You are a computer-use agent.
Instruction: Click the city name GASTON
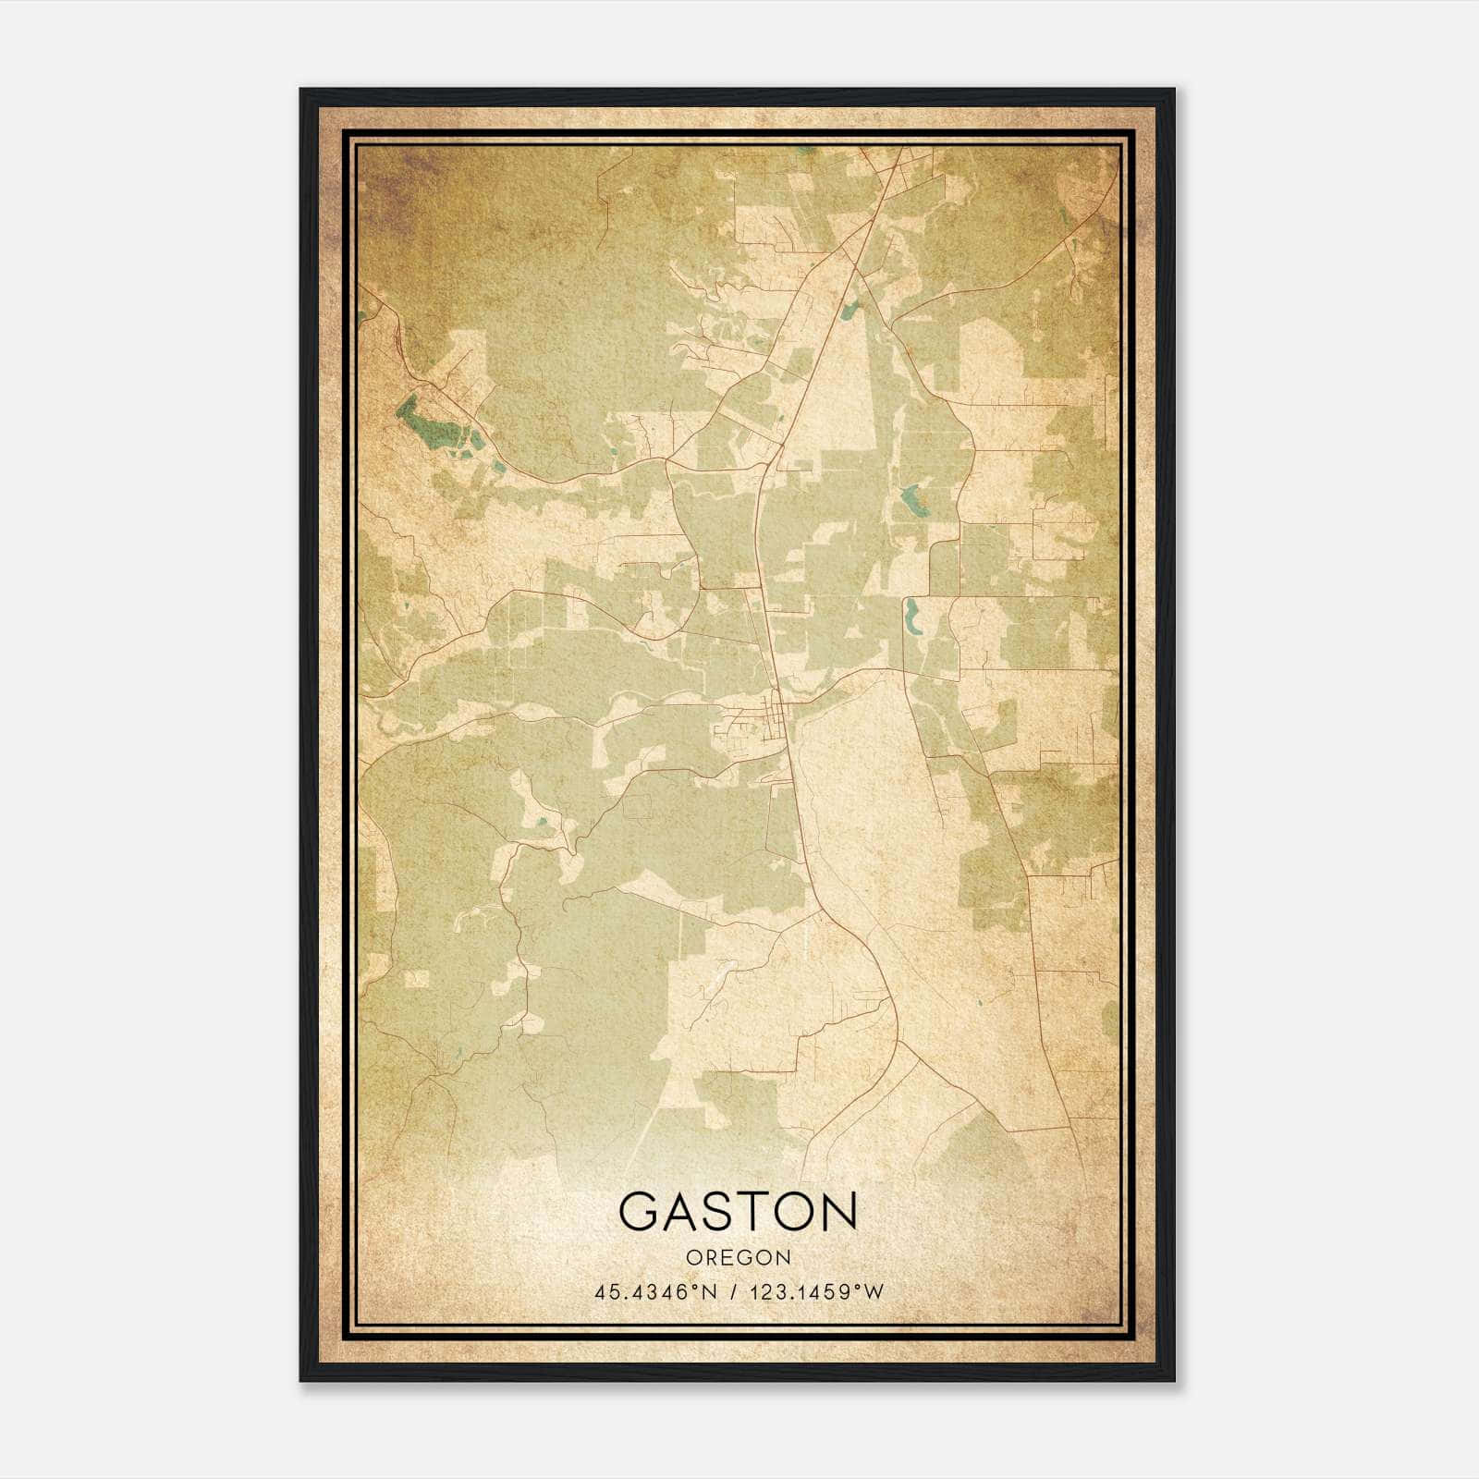738,1211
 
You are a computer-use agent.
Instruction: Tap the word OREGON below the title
738,1257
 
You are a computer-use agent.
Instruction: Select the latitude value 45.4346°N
656,1291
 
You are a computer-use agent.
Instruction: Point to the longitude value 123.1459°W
814,1291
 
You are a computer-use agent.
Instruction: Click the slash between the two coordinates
732,1291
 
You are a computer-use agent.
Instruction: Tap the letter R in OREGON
707,1257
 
